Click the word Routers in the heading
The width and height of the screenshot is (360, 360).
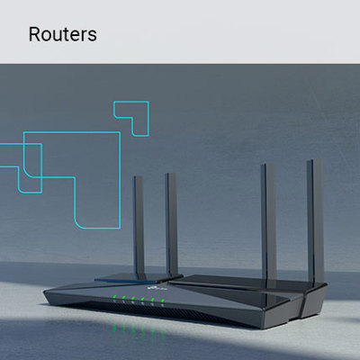point(63,34)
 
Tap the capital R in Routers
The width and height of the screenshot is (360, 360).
point(34,34)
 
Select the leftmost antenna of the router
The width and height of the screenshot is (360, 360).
point(139,225)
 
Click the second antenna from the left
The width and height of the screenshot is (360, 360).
point(172,223)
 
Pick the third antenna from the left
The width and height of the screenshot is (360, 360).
point(268,222)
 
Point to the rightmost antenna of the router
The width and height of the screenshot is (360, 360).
point(315,220)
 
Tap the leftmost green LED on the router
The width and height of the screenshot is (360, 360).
point(114,298)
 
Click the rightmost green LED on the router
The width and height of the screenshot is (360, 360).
point(162,301)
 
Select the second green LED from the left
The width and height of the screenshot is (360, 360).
point(123,298)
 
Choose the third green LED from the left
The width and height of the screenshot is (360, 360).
point(133,299)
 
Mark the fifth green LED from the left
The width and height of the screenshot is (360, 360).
point(153,300)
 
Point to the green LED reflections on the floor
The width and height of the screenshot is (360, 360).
point(139,330)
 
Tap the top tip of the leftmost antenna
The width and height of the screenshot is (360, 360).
point(138,177)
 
